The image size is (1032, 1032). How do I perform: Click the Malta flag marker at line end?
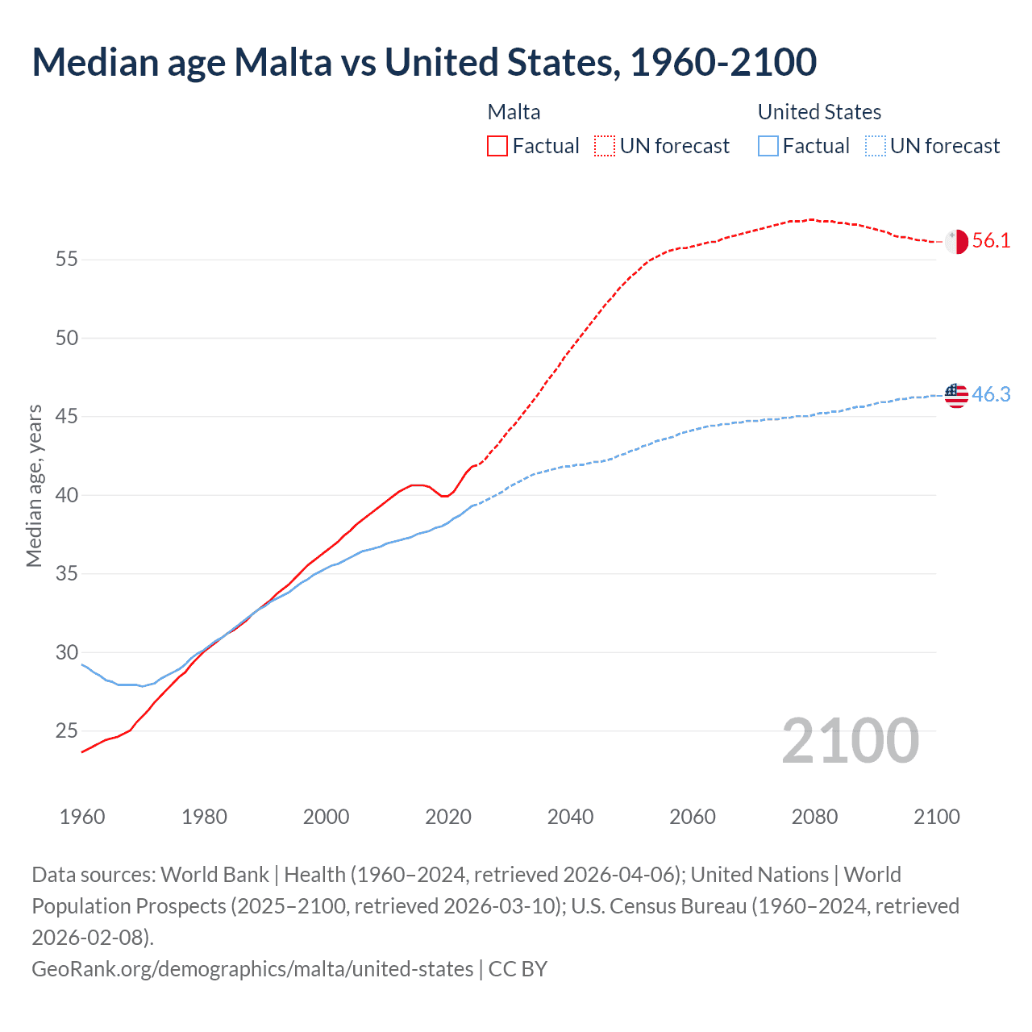pyautogui.click(x=956, y=241)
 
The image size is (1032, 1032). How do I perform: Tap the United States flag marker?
pyautogui.click(x=956, y=395)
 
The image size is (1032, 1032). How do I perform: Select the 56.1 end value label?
pyautogui.click(x=991, y=241)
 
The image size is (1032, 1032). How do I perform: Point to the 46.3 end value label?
pyautogui.click(x=991, y=395)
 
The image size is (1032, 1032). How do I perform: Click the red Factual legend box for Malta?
pyautogui.click(x=497, y=146)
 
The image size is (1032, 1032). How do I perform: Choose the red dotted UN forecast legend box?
pyautogui.click(x=605, y=146)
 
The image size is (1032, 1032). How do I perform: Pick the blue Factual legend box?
pyautogui.click(x=768, y=146)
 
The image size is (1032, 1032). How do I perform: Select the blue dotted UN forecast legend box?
pyautogui.click(x=875, y=146)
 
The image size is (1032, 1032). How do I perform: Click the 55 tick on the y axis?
pyautogui.click(x=67, y=260)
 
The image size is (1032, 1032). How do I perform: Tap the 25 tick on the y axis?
pyautogui.click(x=67, y=731)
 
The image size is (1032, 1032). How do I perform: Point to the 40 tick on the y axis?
pyautogui.click(x=67, y=495)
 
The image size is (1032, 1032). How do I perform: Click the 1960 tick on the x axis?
pyautogui.click(x=82, y=817)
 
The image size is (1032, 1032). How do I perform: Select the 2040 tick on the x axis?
pyautogui.click(x=570, y=817)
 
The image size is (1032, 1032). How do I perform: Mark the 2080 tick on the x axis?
pyautogui.click(x=814, y=817)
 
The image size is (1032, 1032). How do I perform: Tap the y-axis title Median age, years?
pyautogui.click(x=34, y=486)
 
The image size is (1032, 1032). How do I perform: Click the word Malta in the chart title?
pyautogui.click(x=282, y=62)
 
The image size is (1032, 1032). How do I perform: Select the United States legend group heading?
pyautogui.click(x=819, y=112)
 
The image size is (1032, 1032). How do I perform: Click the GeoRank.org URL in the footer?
pyautogui.click(x=252, y=968)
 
